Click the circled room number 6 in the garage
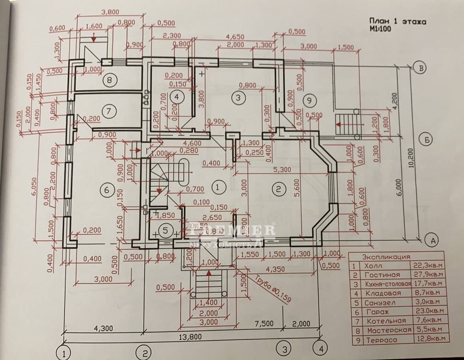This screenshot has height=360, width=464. point(106,190)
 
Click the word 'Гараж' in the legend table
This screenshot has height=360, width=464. point(375,312)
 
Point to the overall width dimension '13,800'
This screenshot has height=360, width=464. point(188,336)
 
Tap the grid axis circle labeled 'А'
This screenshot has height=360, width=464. point(431,240)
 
